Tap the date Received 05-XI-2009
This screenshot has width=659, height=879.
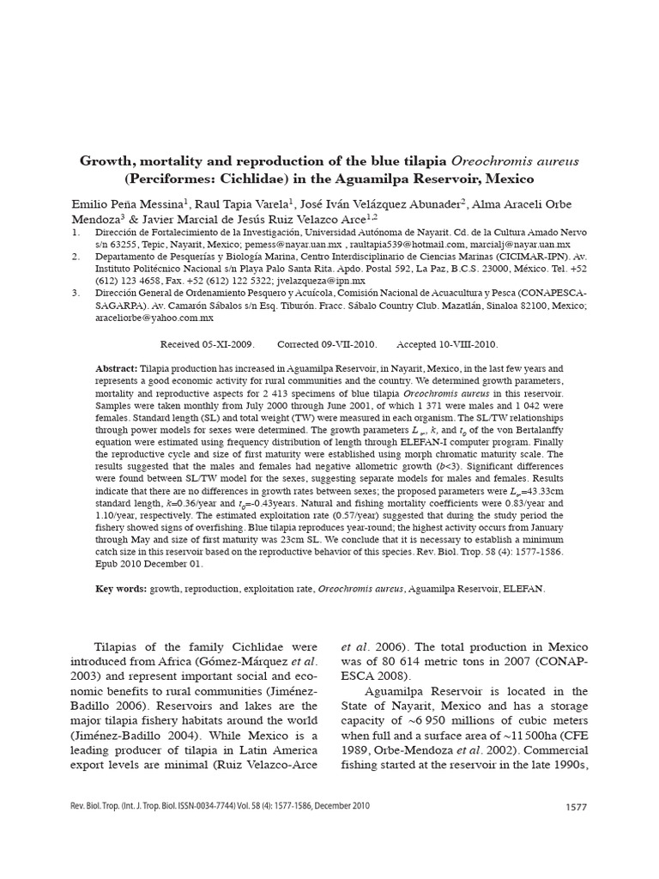pyautogui.click(x=208, y=344)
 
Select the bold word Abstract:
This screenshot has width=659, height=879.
pyautogui.click(x=117, y=367)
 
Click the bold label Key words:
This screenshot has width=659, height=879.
pyautogui.click(x=121, y=590)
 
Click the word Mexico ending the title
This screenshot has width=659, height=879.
pyautogui.click(x=508, y=179)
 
